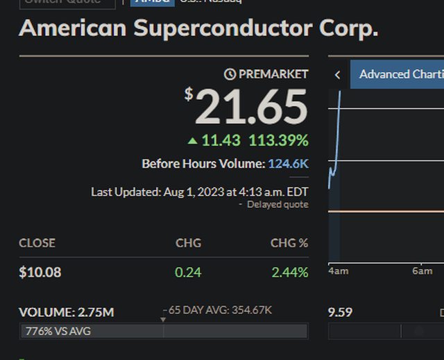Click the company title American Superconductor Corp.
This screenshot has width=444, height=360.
[x=199, y=28]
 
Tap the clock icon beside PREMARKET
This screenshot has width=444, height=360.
[x=230, y=74]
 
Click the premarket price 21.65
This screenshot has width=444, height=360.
[x=251, y=107]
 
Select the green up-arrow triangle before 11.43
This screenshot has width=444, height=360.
[x=193, y=141]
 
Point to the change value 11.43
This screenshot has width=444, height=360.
[x=221, y=141]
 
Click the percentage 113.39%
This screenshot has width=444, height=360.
[x=278, y=141]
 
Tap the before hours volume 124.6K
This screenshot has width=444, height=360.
[x=288, y=164]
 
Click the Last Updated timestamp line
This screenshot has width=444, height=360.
[x=200, y=191]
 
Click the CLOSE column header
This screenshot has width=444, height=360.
[x=37, y=243]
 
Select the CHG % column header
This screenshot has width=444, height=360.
[x=289, y=243]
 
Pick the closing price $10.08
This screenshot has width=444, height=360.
[x=40, y=272]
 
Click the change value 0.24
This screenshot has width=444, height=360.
[x=188, y=272]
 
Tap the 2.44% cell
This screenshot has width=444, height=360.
[x=289, y=272]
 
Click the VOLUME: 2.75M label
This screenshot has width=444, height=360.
[x=67, y=312]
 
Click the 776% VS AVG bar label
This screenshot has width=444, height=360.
[x=58, y=331]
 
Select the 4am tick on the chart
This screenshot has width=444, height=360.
[x=338, y=271]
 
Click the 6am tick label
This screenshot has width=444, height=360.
[x=422, y=271]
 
